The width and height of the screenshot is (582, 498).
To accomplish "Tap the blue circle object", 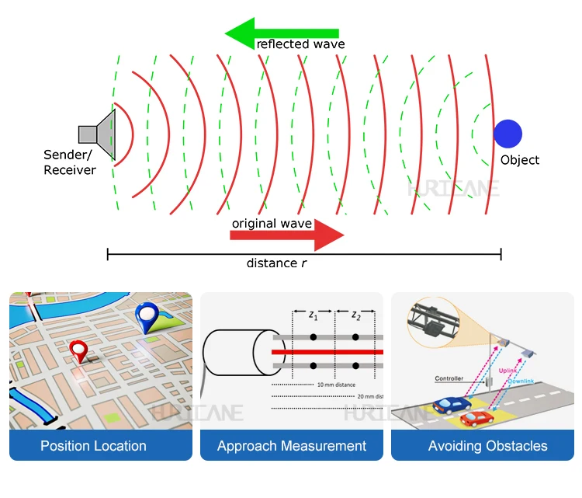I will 508,134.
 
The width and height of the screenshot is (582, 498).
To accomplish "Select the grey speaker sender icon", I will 99,134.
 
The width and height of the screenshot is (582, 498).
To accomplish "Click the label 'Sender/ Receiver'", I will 69,162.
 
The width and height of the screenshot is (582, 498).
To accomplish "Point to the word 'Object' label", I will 519,160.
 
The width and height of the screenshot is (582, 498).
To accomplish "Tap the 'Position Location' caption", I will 93,446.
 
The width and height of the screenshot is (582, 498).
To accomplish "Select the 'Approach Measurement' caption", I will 292,446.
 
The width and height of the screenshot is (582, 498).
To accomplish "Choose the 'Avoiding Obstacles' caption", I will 487,446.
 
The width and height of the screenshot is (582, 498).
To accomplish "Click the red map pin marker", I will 79,350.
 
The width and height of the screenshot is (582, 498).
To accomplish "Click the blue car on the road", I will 453,406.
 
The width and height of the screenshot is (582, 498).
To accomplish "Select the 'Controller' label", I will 449,379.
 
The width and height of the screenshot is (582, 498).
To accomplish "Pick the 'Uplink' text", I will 508,370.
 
